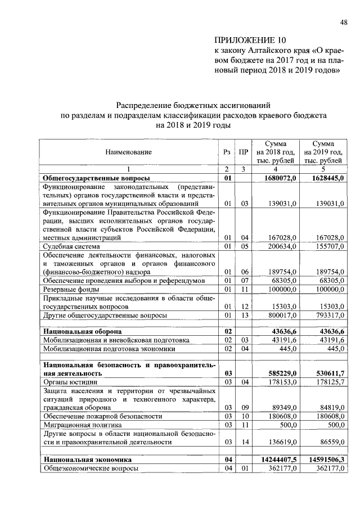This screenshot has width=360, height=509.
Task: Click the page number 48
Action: [343, 22]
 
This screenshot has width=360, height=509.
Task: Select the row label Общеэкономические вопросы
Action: [91, 468]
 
